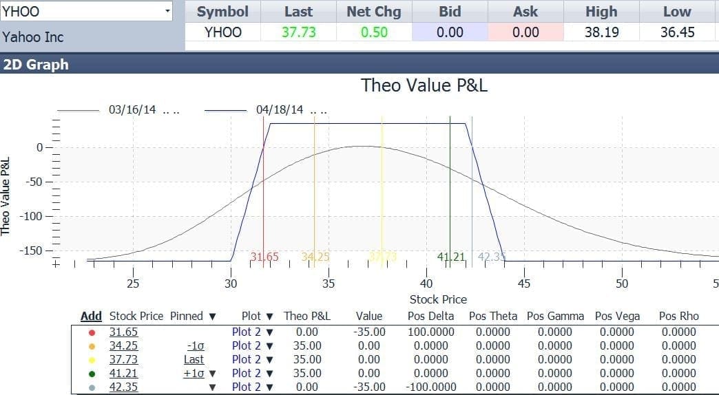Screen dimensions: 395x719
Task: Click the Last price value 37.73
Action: [x=298, y=32]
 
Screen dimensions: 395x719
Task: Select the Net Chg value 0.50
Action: [x=374, y=32]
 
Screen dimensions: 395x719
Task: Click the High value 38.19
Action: [x=601, y=32]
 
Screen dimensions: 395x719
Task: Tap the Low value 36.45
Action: [x=677, y=32]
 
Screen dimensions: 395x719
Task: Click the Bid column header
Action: [x=450, y=12]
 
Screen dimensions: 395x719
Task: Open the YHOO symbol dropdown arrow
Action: [x=168, y=11]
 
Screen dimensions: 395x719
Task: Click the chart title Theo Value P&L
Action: [x=424, y=85]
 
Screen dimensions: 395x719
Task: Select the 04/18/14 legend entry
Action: [x=279, y=110]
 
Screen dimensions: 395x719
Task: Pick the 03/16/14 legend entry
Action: [x=132, y=110]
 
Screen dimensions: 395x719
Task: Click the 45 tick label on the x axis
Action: [x=524, y=284]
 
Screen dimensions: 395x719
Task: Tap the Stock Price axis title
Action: [x=438, y=299]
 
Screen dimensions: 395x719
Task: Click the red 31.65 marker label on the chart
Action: [x=264, y=257]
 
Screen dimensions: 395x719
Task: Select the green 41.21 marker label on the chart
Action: [x=451, y=257]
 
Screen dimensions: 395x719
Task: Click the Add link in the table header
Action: [x=91, y=316]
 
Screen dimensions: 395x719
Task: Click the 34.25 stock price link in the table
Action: [x=123, y=345]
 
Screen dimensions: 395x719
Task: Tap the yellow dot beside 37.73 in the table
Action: [x=92, y=359]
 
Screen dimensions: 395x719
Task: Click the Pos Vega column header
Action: [x=617, y=316]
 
